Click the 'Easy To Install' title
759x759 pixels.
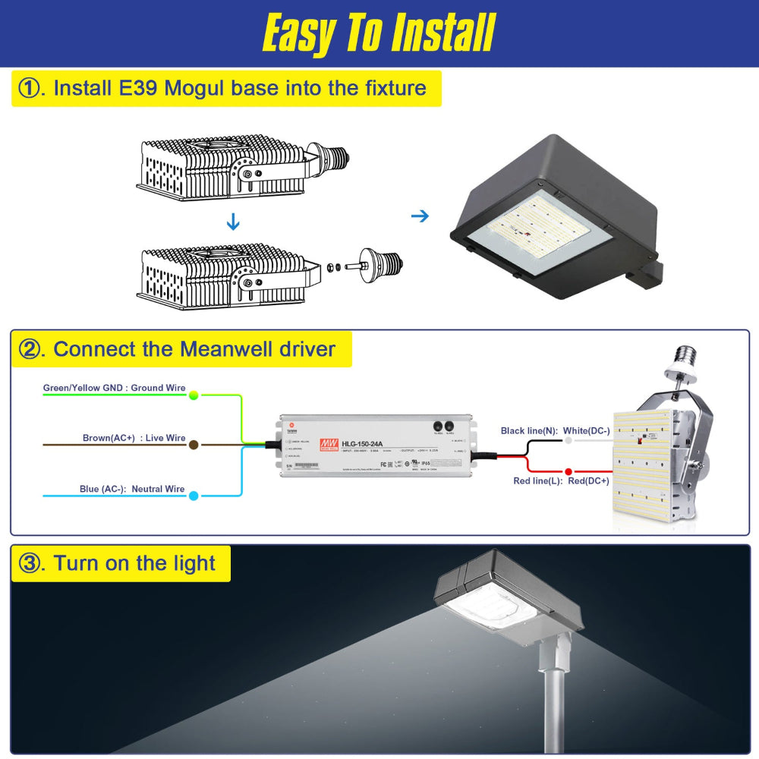378,33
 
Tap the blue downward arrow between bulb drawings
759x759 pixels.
233,222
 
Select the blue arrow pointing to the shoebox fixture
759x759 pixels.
420,216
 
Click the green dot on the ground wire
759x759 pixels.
194,395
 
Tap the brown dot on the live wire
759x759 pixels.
194,446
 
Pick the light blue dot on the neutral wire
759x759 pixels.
194,496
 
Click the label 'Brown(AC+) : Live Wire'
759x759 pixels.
134,438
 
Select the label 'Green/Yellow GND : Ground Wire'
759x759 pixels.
114,388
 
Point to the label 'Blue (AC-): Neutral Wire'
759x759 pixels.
132,489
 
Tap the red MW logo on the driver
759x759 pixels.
329,443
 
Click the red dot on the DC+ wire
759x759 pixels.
568,471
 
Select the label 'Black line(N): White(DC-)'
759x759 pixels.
555,430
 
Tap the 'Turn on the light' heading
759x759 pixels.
134,563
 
